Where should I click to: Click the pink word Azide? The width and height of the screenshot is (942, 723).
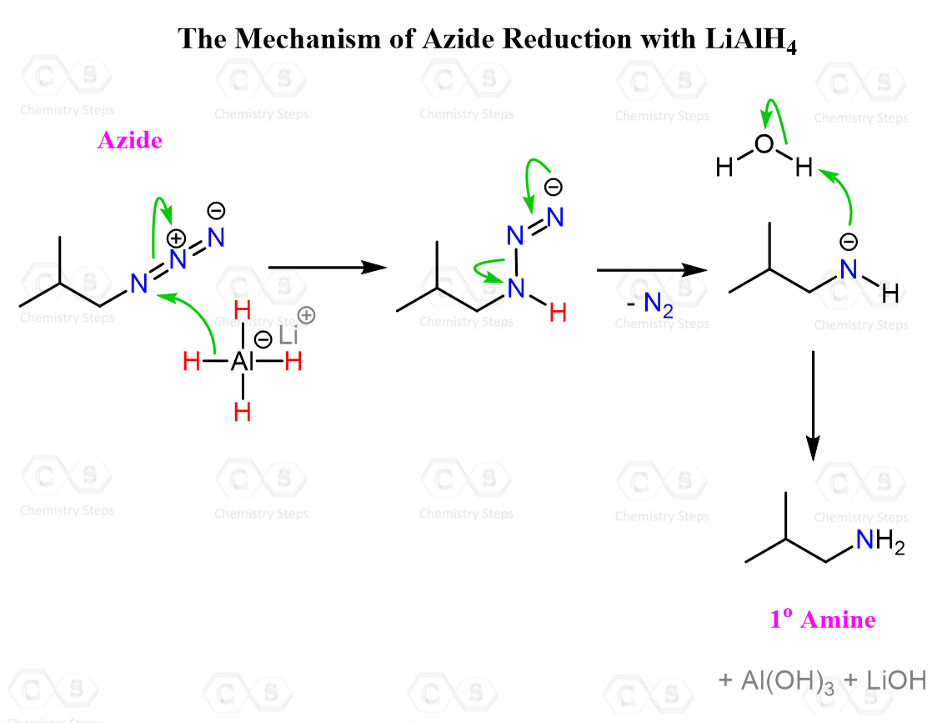coord(130,140)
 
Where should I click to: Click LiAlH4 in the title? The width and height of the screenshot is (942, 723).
coord(751,40)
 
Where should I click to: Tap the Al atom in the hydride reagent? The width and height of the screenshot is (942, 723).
coord(242,361)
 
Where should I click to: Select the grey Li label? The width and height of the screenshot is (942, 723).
coord(288,335)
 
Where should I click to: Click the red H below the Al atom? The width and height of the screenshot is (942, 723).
coord(242,412)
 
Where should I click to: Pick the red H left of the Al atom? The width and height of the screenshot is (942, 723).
coord(192,361)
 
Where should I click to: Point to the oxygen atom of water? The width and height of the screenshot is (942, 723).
coord(764,143)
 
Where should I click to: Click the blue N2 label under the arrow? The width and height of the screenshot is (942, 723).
coord(658,304)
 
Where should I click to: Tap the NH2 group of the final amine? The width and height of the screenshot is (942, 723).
coord(880,541)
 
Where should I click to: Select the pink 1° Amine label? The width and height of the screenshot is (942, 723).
coord(823,619)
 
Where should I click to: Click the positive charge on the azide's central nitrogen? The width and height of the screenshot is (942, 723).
coord(175,238)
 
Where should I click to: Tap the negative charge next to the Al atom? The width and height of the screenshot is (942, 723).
coord(263,339)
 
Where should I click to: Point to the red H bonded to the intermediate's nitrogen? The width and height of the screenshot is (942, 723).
coord(558,313)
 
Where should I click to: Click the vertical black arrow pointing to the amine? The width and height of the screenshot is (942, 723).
coord(813,405)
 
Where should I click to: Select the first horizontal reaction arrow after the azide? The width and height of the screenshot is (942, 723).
coord(328,267)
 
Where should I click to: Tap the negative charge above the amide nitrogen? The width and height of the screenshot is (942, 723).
coord(849,242)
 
